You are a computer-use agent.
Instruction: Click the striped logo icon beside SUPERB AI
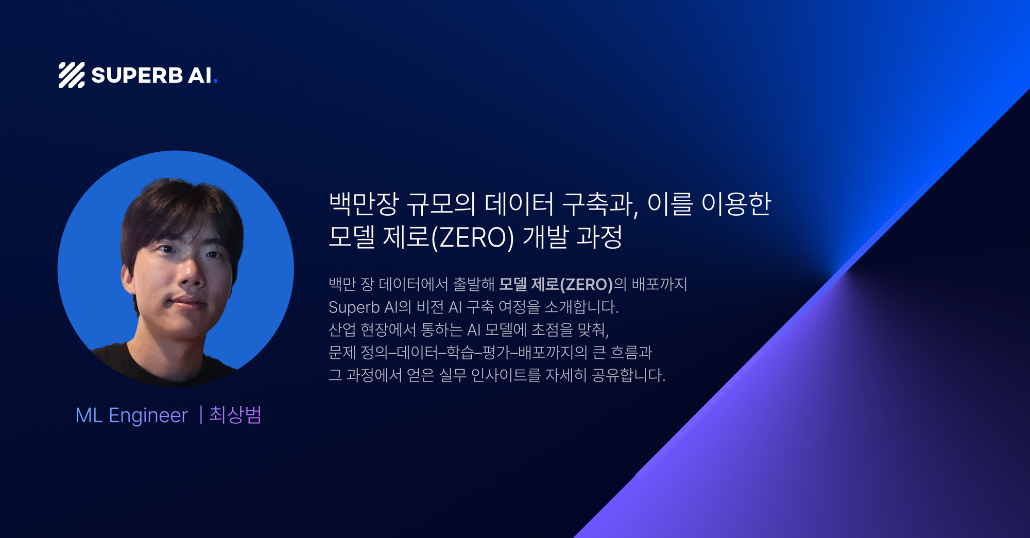click(x=72, y=75)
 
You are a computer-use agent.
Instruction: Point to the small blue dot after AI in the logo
click(x=215, y=81)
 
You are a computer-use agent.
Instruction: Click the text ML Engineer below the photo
click(x=131, y=415)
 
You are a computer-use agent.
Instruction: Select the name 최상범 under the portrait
click(x=235, y=414)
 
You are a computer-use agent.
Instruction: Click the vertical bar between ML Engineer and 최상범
click(x=200, y=415)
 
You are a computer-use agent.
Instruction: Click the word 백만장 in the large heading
click(x=364, y=204)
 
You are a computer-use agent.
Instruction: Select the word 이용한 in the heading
click(x=736, y=204)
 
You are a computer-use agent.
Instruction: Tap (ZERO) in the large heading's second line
click(x=472, y=238)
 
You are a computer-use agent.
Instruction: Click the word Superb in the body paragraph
click(x=354, y=307)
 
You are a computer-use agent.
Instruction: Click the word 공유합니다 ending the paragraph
click(x=629, y=375)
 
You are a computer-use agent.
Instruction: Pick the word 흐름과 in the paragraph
click(x=631, y=352)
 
